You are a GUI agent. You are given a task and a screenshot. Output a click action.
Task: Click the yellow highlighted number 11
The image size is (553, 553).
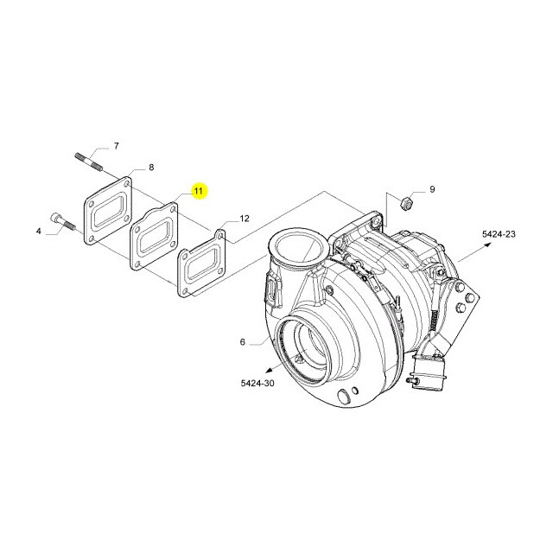tap(198, 191)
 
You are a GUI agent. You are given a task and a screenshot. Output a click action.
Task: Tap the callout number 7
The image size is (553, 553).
tap(116, 146)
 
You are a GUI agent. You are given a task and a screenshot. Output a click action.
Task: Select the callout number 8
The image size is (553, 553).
tap(151, 167)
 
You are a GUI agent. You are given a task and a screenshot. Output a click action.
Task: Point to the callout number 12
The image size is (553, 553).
tap(245, 219)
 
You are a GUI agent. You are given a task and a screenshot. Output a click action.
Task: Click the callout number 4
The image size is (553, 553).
tap(38, 232)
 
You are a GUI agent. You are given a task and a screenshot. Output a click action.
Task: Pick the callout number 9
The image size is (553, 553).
tap(432, 189)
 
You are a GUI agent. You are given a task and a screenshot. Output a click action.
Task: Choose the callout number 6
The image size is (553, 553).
tap(242, 342)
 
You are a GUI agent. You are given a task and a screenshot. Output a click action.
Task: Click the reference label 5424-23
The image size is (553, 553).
tap(499, 234)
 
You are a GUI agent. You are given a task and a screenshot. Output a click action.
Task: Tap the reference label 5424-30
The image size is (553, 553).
tap(257, 383)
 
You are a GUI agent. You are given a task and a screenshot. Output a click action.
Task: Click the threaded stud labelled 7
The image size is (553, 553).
tap(88, 161)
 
